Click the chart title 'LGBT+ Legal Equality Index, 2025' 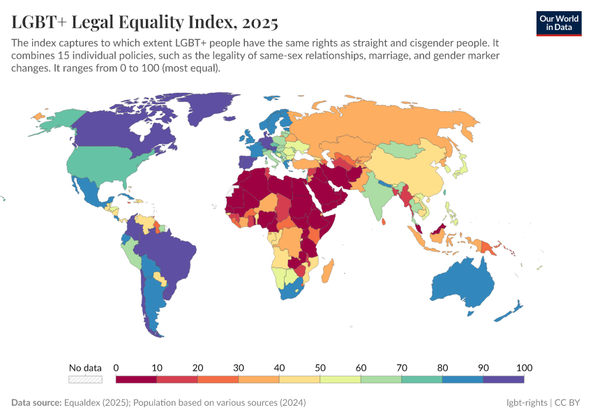point(145,23)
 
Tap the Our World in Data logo point(559,22)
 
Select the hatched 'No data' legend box point(85,379)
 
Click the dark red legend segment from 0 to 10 point(136,379)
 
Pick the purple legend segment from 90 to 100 point(504,379)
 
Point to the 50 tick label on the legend point(320,368)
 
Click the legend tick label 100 point(524,368)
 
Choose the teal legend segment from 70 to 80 point(422,379)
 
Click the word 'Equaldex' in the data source point(84,403)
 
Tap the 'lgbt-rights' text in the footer point(528,403)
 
